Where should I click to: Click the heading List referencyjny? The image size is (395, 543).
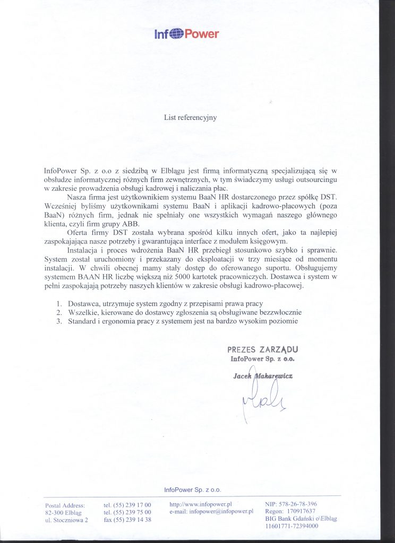[x=190, y=118]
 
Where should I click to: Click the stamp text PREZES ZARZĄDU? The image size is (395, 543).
[x=262, y=349]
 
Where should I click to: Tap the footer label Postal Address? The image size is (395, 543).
[x=65, y=505]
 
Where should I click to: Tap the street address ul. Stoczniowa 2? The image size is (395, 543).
[x=67, y=520]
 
